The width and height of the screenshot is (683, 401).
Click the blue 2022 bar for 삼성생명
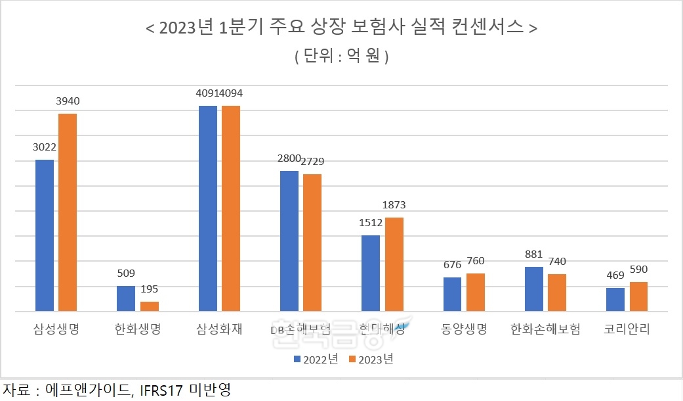pyautogui.click(x=45, y=235)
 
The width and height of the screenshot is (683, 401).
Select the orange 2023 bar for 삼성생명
pyautogui.click(x=68, y=212)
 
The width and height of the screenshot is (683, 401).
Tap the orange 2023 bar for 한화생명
pyautogui.click(x=150, y=306)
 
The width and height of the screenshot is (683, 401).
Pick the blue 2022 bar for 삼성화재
pyautogui.click(x=208, y=208)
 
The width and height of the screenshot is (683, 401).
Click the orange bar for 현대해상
pyautogui.click(x=394, y=264)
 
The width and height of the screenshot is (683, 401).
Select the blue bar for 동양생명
pyautogui.click(x=453, y=294)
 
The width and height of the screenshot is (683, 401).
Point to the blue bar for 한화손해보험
pyautogui.click(x=534, y=289)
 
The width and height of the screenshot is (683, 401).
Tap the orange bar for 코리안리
pyautogui.click(x=639, y=296)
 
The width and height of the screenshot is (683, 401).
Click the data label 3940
pyautogui.click(x=67, y=101)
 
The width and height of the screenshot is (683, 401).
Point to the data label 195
pyautogui.click(x=150, y=289)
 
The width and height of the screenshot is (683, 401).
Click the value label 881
pyautogui.click(x=534, y=254)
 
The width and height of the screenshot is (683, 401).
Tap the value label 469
pyautogui.click(x=615, y=275)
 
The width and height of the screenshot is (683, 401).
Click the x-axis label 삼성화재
pyautogui.click(x=219, y=329)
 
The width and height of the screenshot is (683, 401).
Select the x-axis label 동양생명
pyautogui.click(x=464, y=329)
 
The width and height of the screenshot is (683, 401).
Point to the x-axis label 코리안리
pyautogui.click(x=627, y=329)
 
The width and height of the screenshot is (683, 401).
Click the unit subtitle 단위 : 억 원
pyautogui.click(x=341, y=57)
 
